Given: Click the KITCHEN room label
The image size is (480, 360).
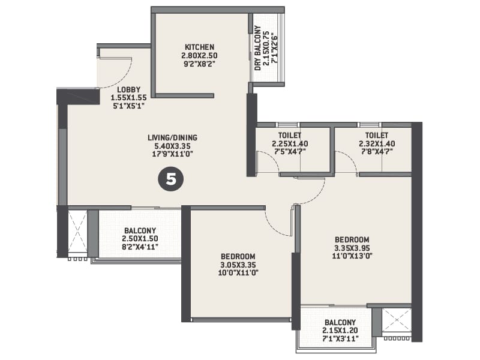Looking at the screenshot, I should pos(199,47).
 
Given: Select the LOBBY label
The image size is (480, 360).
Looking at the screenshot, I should pos(128,89).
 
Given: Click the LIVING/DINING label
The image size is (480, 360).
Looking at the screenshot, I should pos(172,137).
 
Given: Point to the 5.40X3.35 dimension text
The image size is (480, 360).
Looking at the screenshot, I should pos(172,146).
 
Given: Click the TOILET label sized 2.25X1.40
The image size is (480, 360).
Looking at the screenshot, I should pos(290,136).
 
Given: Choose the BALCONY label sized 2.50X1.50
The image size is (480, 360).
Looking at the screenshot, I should pos(140,230).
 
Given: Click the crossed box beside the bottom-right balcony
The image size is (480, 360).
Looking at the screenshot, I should pos(396,320).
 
